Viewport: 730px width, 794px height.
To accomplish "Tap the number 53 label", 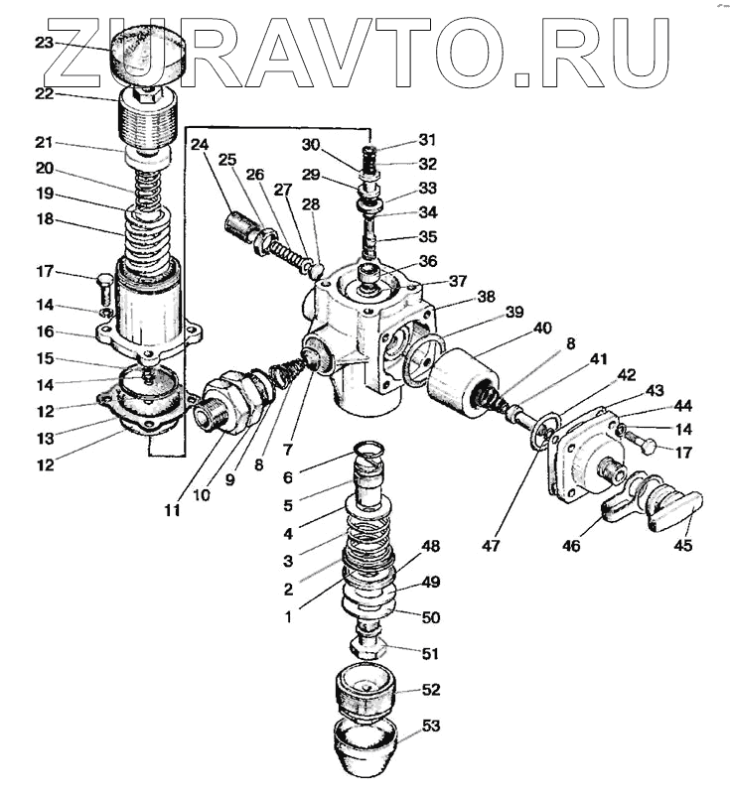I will pos(430,728).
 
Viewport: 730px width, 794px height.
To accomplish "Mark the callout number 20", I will pos(43,168).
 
